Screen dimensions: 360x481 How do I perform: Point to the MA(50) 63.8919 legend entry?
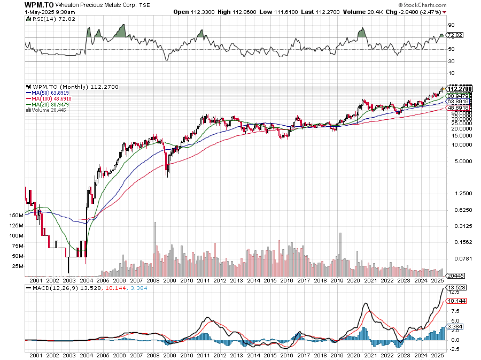click(x=49, y=92)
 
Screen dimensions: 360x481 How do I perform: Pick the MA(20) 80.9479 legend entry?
click(x=49, y=104)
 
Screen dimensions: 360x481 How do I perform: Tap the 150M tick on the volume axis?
click(x=16, y=215)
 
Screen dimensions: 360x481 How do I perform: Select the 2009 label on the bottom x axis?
click(x=170, y=280)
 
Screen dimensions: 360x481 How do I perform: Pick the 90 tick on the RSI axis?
click(x=451, y=25)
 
